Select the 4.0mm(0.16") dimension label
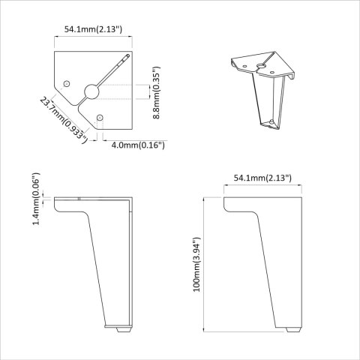[x=137, y=144]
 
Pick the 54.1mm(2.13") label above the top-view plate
[x=94, y=29]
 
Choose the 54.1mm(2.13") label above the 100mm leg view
[x=262, y=178]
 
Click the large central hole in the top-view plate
[x=91, y=91]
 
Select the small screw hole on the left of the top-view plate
[x=67, y=82]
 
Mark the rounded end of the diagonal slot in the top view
[x=128, y=57]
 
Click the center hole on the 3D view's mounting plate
[x=262, y=67]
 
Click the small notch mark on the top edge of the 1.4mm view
[x=80, y=198]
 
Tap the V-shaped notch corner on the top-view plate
[x=78, y=103]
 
